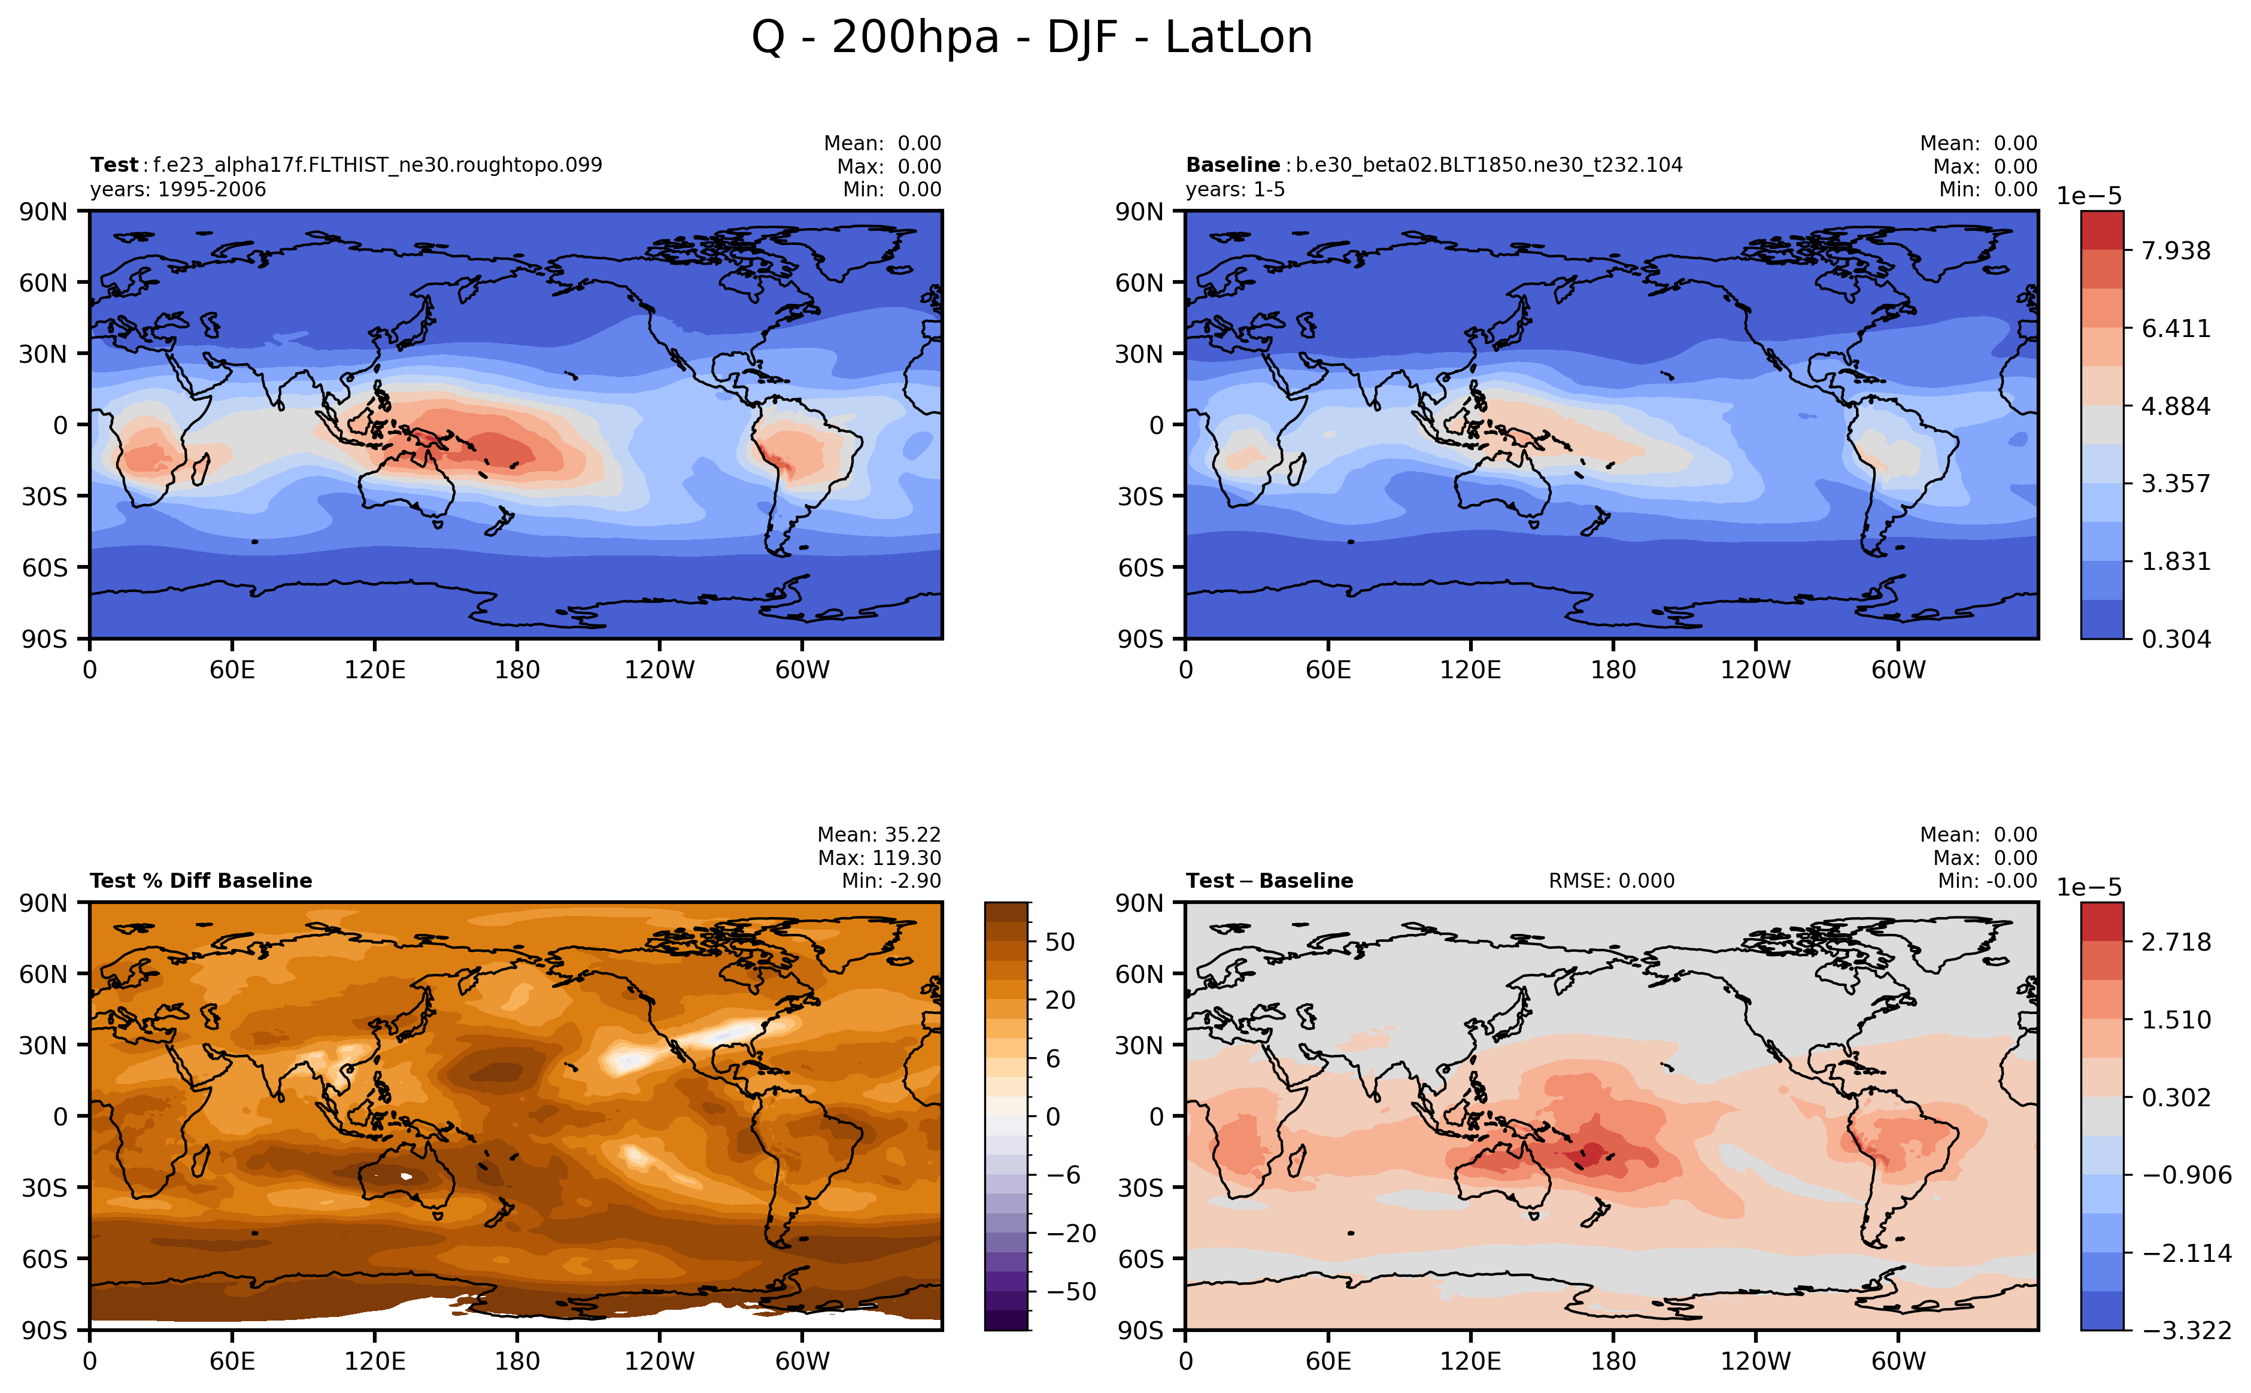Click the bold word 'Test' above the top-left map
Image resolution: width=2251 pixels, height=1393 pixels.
(113, 165)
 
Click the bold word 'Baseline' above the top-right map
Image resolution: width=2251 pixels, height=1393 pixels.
(1232, 165)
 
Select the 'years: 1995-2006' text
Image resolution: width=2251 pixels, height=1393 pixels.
(178, 190)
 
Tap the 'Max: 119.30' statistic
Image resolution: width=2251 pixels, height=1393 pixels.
(879, 858)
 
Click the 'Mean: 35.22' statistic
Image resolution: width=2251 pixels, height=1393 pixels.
(879, 834)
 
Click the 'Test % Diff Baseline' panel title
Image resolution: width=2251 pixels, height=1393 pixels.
(201, 881)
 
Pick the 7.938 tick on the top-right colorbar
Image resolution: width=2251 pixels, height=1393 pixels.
(2174, 251)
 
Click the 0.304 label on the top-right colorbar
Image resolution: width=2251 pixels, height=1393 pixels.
(2174, 639)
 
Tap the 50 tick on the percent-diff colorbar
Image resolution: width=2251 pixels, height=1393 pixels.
(1060, 942)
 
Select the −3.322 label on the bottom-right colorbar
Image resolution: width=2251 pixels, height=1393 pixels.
(2186, 1330)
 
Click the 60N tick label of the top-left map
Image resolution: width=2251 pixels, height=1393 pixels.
(43, 283)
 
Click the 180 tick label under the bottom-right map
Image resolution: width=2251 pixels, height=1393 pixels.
(1612, 1361)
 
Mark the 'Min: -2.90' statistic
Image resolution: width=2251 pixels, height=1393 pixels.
(891, 881)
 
